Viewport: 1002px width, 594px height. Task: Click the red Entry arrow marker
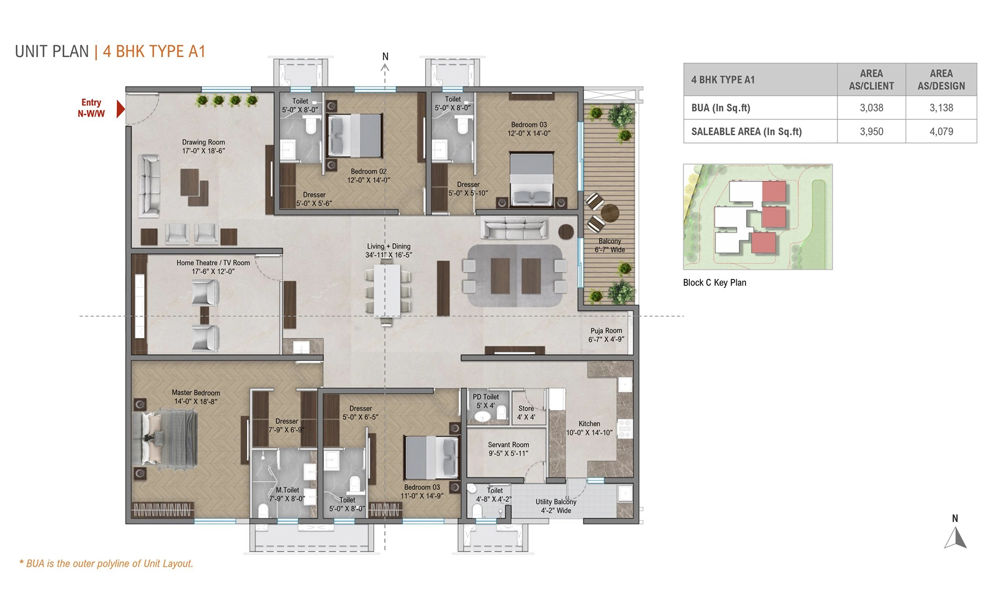pyautogui.click(x=121, y=109)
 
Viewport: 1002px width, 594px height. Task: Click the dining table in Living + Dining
pyautogui.click(x=388, y=291)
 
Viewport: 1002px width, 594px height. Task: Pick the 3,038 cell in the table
pyautogui.click(x=871, y=108)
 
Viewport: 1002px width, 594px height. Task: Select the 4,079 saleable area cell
pyautogui.click(x=941, y=131)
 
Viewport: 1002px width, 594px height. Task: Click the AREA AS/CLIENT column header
pyautogui.click(x=871, y=80)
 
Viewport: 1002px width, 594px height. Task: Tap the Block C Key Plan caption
pyautogui.click(x=714, y=283)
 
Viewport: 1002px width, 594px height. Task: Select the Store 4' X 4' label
pyautogui.click(x=526, y=413)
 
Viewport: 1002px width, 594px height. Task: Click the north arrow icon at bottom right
pyautogui.click(x=956, y=537)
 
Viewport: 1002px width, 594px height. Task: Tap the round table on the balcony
pyautogui.click(x=609, y=213)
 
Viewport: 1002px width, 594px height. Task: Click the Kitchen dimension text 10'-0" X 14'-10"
pyautogui.click(x=589, y=433)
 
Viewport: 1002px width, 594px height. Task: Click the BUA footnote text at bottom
pyautogui.click(x=106, y=564)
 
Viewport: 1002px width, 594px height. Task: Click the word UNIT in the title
pyautogui.click(x=32, y=52)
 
